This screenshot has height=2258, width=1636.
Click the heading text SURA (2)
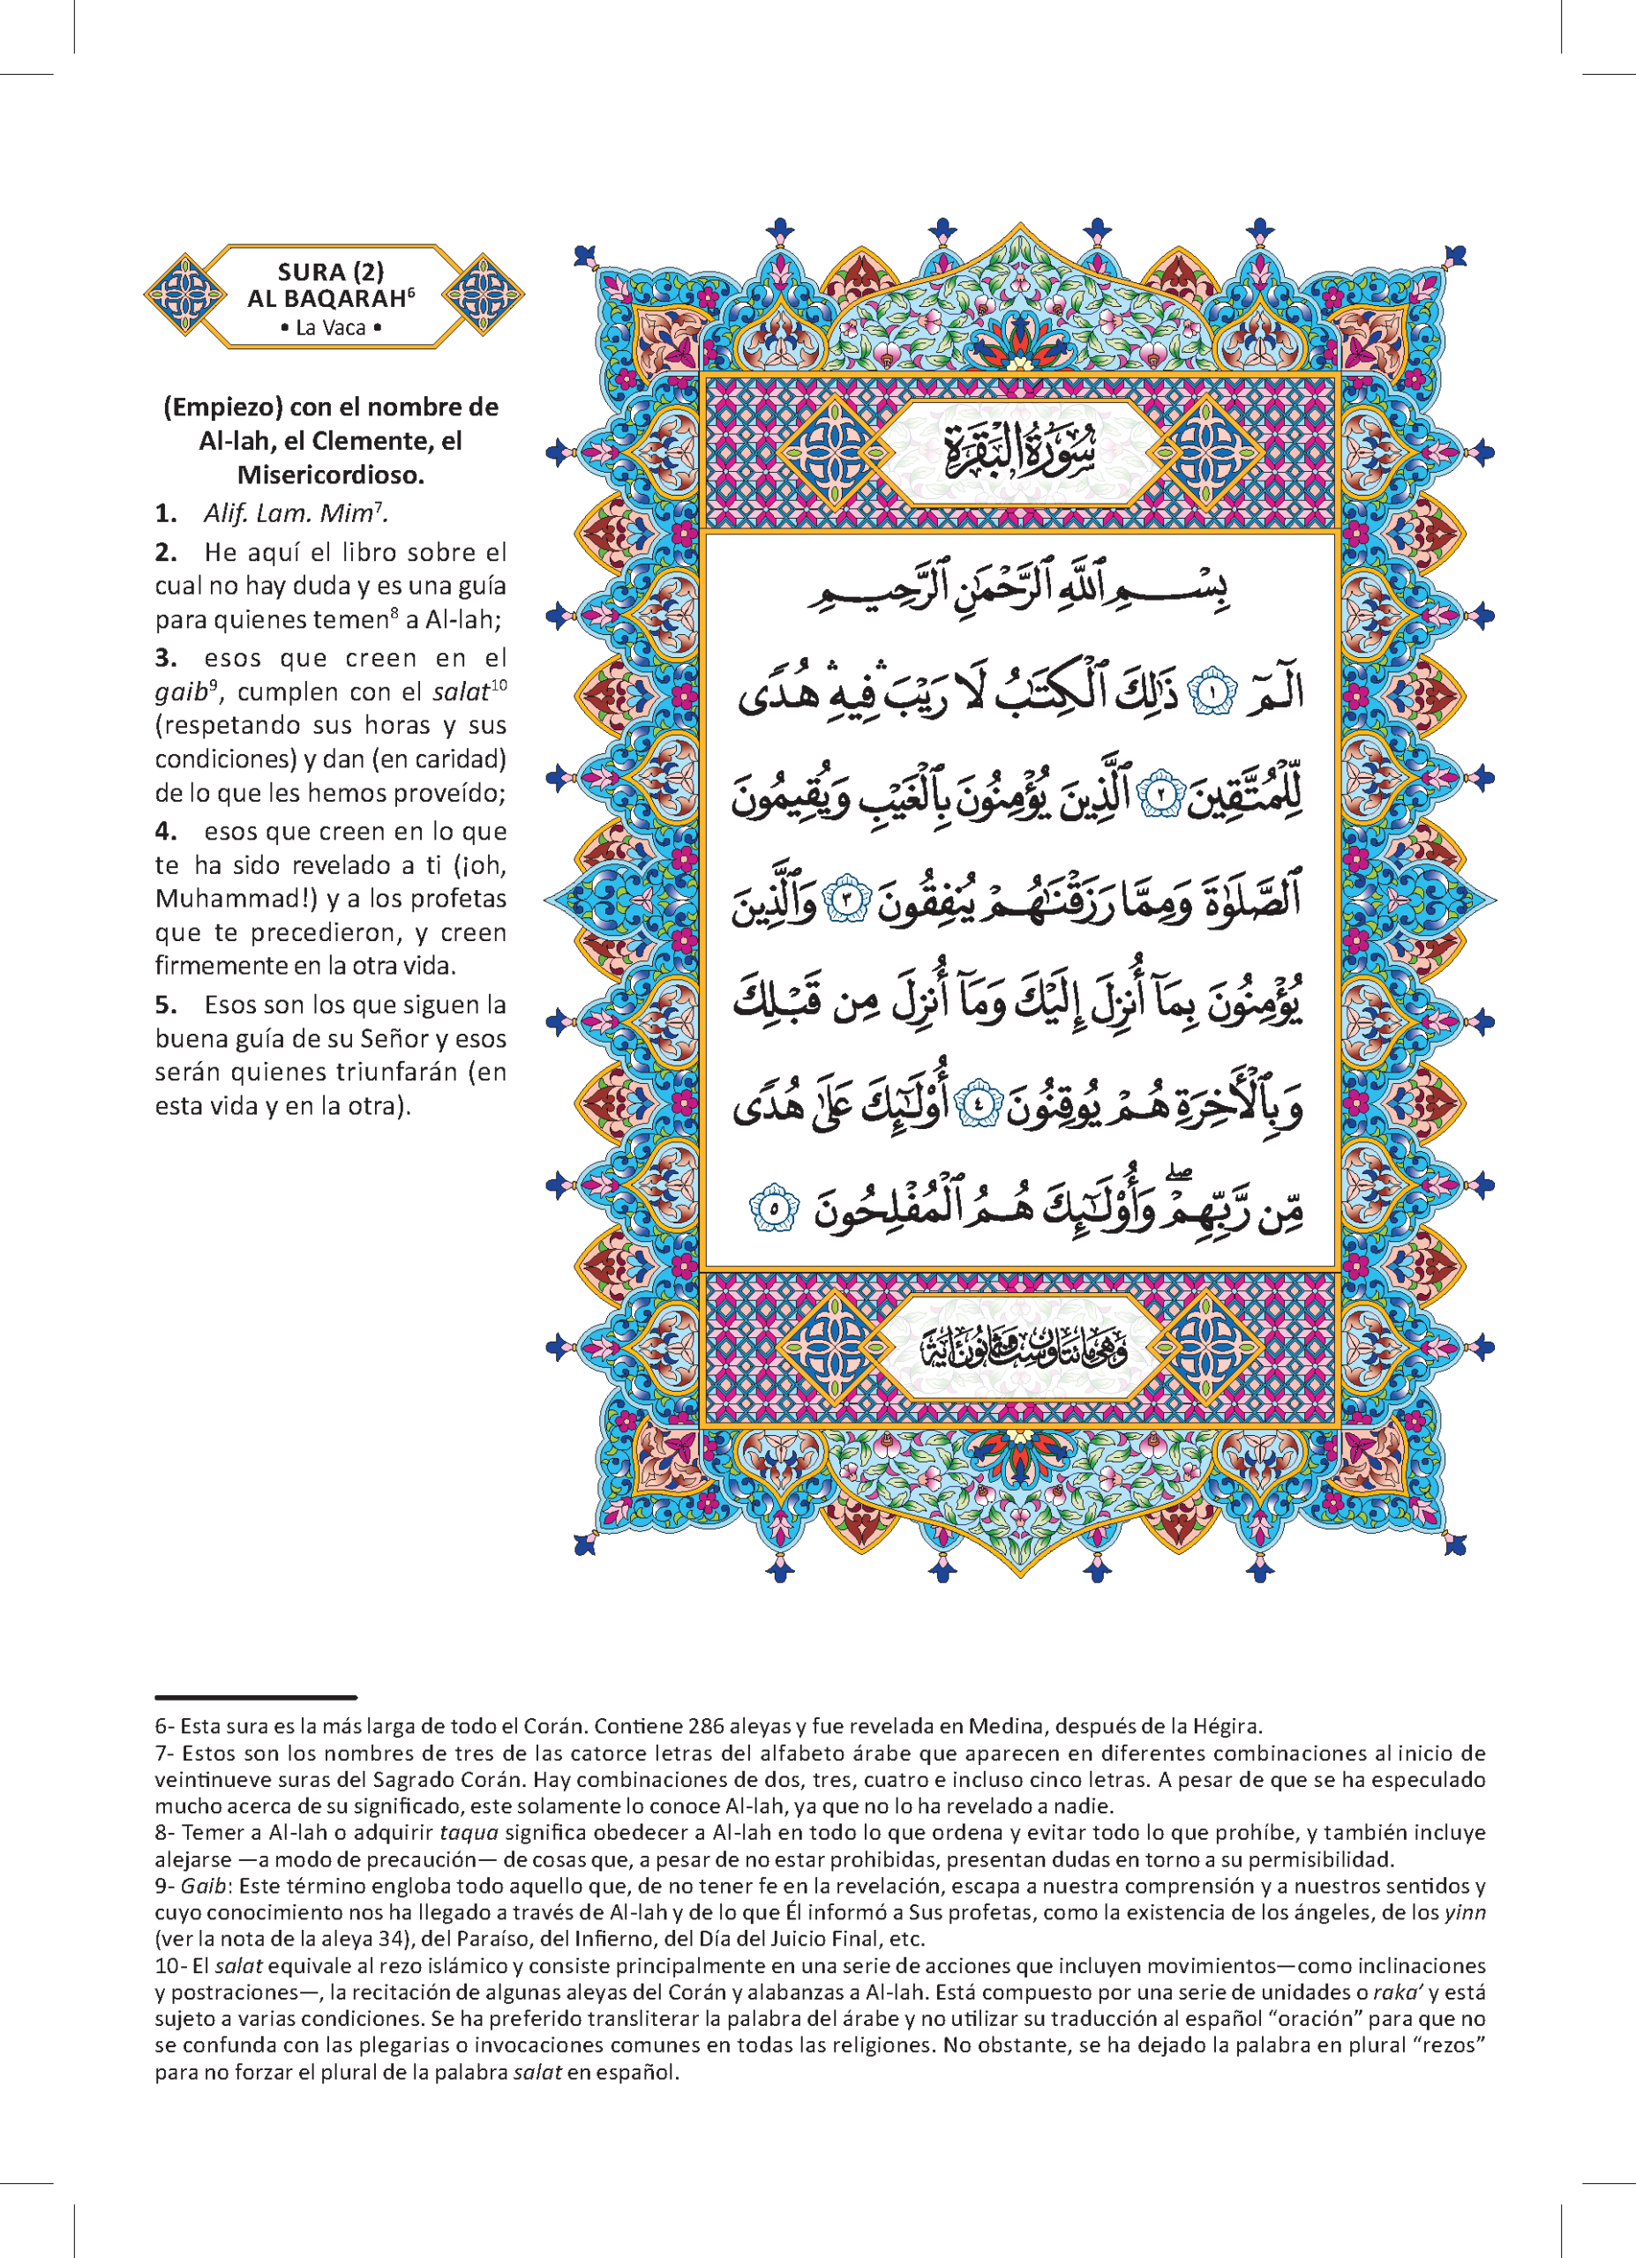pyautogui.click(x=331, y=272)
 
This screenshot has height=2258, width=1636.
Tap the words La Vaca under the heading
pyautogui.click(x=331, y=327)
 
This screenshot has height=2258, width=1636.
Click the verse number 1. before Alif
pyautogui.click(x=165, y=513)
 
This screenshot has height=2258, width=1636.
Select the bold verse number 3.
pyautogui.click(x=165, y=658)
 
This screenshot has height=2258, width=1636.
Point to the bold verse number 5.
pyautogui.click(x=165, y=1005)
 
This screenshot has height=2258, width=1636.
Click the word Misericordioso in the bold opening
pyautogui.click(x=331, y=475)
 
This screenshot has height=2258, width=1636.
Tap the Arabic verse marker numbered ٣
pyautogui.click(x=850, y=899)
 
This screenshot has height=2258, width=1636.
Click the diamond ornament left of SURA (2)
pyautogui.click(x=185, y=295)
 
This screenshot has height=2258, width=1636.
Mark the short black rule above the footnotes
pyautogui.click(x=256, y=1696)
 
